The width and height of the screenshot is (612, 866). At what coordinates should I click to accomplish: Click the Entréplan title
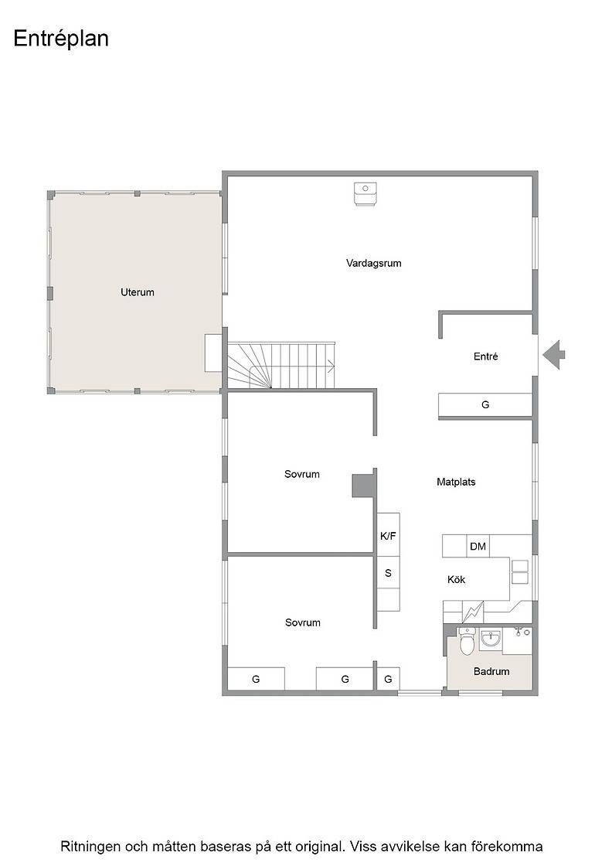[x=61, y=39]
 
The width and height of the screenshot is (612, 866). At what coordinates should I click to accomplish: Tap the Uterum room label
[x=138, y=292]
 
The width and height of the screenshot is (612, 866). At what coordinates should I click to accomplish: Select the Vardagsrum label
[x=373, y=264]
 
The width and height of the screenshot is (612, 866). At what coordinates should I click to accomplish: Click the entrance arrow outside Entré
[x=553, y=355]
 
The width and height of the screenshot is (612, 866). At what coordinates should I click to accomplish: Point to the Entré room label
[x=485, y=356]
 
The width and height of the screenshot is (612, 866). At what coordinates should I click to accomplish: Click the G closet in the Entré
[x=485, y=405]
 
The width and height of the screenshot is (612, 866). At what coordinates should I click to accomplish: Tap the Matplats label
[x=456, y=482]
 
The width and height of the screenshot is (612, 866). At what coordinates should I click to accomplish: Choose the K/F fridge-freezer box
[x=388, y=535]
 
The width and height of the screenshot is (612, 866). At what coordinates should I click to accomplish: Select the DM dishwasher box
[x=478, y=546]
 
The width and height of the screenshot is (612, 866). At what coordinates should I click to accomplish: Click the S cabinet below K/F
[x=388, y=573]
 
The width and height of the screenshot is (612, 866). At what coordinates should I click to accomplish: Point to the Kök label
[x=457, y=579]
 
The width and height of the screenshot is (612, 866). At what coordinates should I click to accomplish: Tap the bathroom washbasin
[x=491, y=639]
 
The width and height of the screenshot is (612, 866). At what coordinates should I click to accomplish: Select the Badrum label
[x=491, y=672]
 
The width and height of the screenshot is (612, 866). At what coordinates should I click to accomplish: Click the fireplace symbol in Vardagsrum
[x=364, y=194]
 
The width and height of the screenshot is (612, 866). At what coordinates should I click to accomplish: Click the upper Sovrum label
[x=302, y=474]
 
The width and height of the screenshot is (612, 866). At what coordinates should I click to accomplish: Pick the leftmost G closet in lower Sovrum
[x=256, y=679]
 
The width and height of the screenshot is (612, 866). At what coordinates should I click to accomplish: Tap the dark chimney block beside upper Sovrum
[x=362, y=484]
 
